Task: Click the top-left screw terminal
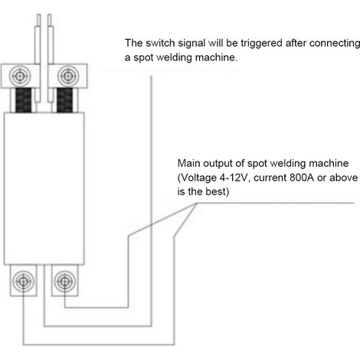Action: tap(20, 76)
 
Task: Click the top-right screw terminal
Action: tap(67, 76)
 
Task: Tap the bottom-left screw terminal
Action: tap(23, 281)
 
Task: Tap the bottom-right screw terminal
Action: tap(64, 281)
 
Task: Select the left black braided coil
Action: tap(24, 100)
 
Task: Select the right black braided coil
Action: tap(64, 100)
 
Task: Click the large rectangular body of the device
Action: tap(44, 188)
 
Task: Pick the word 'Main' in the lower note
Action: tap(188, 163)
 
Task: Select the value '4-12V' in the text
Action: tap(234, 178)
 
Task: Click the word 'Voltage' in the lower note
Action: tap(198, 178)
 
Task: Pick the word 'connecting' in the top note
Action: tap(335, 44)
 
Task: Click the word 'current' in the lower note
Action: tap(270, 178)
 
